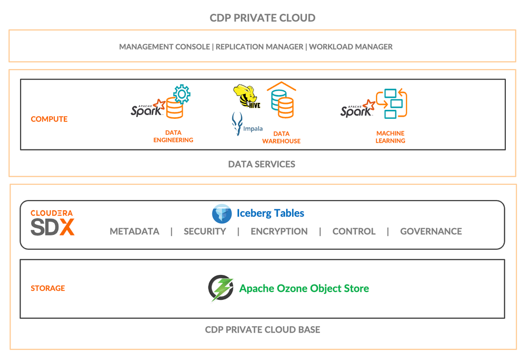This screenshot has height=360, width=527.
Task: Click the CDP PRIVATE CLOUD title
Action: [262, 18]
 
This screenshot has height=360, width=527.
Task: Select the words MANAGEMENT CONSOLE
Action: [164, 46]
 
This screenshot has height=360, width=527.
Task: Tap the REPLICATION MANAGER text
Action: [259, 46]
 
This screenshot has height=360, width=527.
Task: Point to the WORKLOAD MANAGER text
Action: [351, 46]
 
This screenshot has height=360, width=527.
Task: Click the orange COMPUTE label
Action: [49, 119]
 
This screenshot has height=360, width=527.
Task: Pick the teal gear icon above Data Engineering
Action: [182, 94]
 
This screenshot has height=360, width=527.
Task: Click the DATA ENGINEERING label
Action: [173, 136]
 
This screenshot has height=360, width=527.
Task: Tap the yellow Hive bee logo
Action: [247, 96]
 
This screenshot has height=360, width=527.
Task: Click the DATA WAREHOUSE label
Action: [281, 137]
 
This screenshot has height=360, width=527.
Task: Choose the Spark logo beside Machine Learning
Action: [357, 108]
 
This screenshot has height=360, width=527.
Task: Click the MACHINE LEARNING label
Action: [390, 137]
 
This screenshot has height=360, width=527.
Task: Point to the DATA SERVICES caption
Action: [261, 164]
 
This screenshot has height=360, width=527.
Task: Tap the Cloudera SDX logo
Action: [52, 223]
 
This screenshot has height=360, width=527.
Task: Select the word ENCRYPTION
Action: [279, 231]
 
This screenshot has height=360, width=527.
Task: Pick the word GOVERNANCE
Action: [431, 231]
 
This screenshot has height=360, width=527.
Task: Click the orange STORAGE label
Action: [48, 288]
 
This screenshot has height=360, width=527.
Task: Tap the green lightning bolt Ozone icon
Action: [221, 288]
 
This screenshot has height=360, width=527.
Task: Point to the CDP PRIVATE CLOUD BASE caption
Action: [262, 330]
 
